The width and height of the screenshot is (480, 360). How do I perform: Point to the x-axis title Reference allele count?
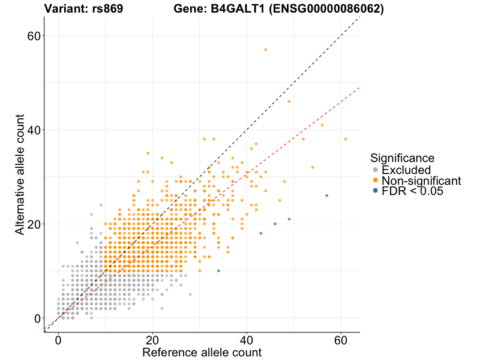pyautogui.click(x=202, y=352)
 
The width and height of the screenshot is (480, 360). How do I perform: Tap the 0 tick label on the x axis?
pyautogui.click(x=58, y=340)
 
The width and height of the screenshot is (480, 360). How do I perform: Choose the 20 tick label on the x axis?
pyautogui.click(x=152, y=340)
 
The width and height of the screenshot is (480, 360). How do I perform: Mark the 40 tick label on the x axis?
pyautogui.click(x=247, y=340)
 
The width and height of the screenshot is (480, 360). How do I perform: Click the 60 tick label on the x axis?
pyautogui.click(x=341, y=340)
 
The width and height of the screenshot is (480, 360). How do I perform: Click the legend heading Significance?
pyautogui.click(x=402, y=158)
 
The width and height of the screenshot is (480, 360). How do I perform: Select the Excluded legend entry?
pyautogui.click(x=406, y=170)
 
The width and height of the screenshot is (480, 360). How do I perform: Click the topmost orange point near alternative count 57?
pyautogui.click(x=265, y=50)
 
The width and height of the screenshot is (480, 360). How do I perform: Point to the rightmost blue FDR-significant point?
pyautogui.click(x=326, y=196)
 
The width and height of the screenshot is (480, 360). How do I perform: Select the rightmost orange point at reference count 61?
pyautogui.click(x=346, y=139)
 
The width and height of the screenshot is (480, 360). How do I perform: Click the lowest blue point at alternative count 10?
pyautogui.click(x=218, y=271)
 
